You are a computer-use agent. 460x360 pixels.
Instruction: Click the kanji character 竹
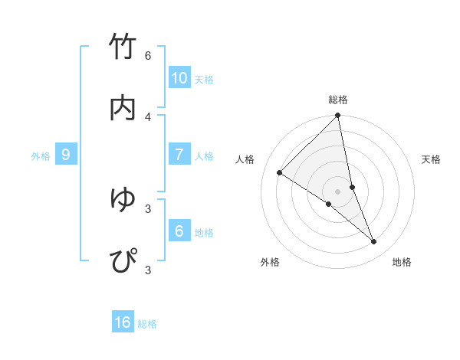pyautogui.click(x=123, y=47)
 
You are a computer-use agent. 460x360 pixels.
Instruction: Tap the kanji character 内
pyautogui.click(x=123, y=108)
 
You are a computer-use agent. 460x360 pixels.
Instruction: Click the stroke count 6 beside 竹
pyautogui.click(x=148, y=56)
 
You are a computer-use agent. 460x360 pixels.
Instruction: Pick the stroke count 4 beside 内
pyautogui.click(x=148, y=116)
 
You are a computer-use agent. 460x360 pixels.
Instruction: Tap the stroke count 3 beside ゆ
pyautogui.click(x=148, y=208)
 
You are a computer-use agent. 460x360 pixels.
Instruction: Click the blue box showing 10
pyautogui.click(x=179, y=77)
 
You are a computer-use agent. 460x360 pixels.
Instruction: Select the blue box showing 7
pyautogui.click(x=179, y=154)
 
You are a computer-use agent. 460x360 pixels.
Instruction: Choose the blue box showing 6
pyautogui.click(x=179, y=231)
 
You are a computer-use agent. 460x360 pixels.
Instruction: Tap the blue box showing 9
pyautogui.click(x=66, y=154)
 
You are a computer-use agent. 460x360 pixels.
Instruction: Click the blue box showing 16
pyautogui.click(x=123, y=322)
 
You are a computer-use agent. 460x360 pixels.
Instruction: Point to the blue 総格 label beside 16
pyautogui.click(x=147, y=324)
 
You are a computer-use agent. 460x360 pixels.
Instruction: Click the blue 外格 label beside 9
pyautogui.click(x=41, y=156)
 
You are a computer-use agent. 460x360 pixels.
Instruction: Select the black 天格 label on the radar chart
pyautogui.click(x=432, y=159)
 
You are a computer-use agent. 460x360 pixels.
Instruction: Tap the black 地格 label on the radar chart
pyautogui.click(x=402, y=262)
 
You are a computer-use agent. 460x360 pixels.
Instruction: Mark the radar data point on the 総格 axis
pyautogui.click(x=338, y=116)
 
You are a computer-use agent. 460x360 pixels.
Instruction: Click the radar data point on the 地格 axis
pyautogui.click(x=374, y=242)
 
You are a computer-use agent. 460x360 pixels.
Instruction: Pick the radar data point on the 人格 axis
pyautogui.click(x=280, y=172)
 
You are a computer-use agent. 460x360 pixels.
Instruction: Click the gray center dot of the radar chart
pyautogui.click(x=338, y=191)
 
